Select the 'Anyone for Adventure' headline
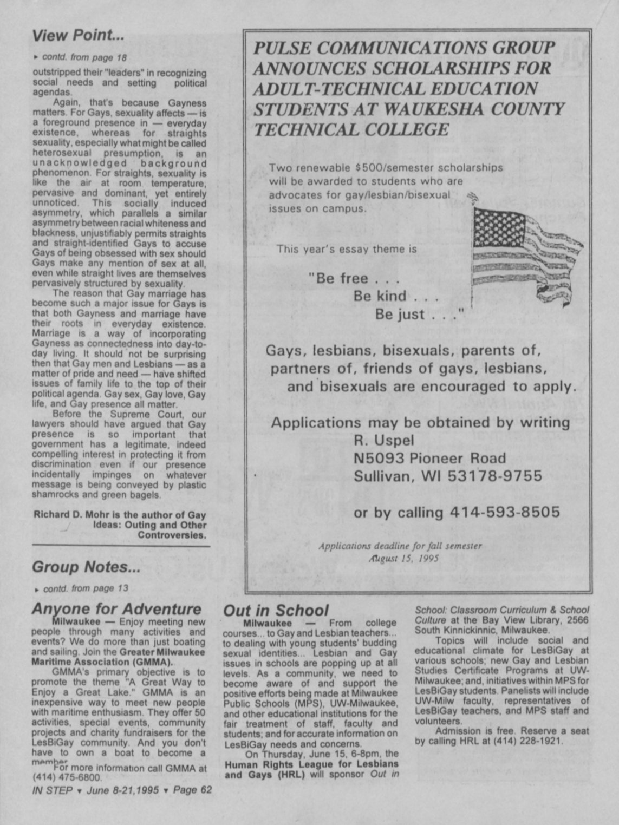point(116,608)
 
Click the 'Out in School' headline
point(276,610)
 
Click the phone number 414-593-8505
point(505,512)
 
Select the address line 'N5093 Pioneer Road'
point(429,459)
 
